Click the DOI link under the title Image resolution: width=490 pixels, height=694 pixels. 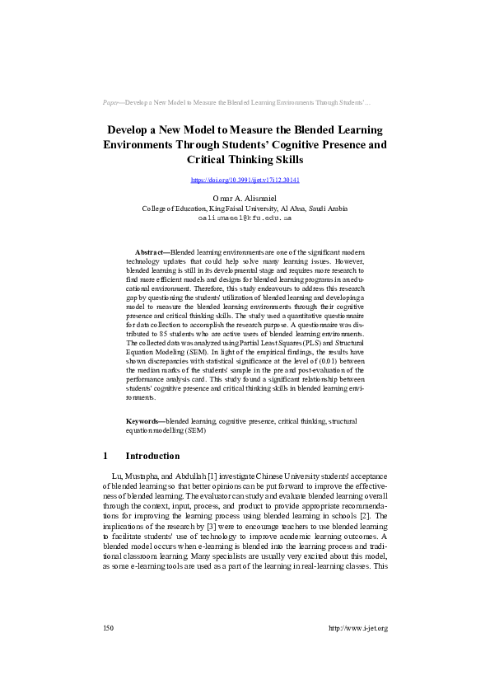[245, 180]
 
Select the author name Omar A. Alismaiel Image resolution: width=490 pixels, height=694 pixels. [245, 199]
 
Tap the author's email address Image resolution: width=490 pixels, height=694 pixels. [245, 218]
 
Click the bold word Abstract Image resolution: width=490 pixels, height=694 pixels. [151, 251]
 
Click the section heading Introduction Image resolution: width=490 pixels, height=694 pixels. [152, 456]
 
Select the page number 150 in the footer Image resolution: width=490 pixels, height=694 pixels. [108, 628]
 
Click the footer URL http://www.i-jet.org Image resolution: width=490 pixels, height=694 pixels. [357, 628]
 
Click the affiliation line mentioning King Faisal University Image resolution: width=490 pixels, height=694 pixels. [245, 209]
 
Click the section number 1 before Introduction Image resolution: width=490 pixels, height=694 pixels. [105, 456]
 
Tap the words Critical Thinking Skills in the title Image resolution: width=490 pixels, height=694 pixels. [245, 159]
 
